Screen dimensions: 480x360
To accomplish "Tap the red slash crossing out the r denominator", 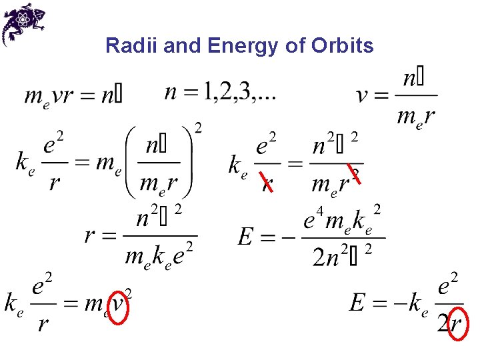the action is [266, 181].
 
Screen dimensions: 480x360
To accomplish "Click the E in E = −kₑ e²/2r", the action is [358, 303].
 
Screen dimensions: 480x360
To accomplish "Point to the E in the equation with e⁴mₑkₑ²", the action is [246, 237].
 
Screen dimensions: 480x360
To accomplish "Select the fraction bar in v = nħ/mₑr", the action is [415, 95].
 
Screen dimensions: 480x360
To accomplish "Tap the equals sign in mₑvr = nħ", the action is [88, 96].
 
